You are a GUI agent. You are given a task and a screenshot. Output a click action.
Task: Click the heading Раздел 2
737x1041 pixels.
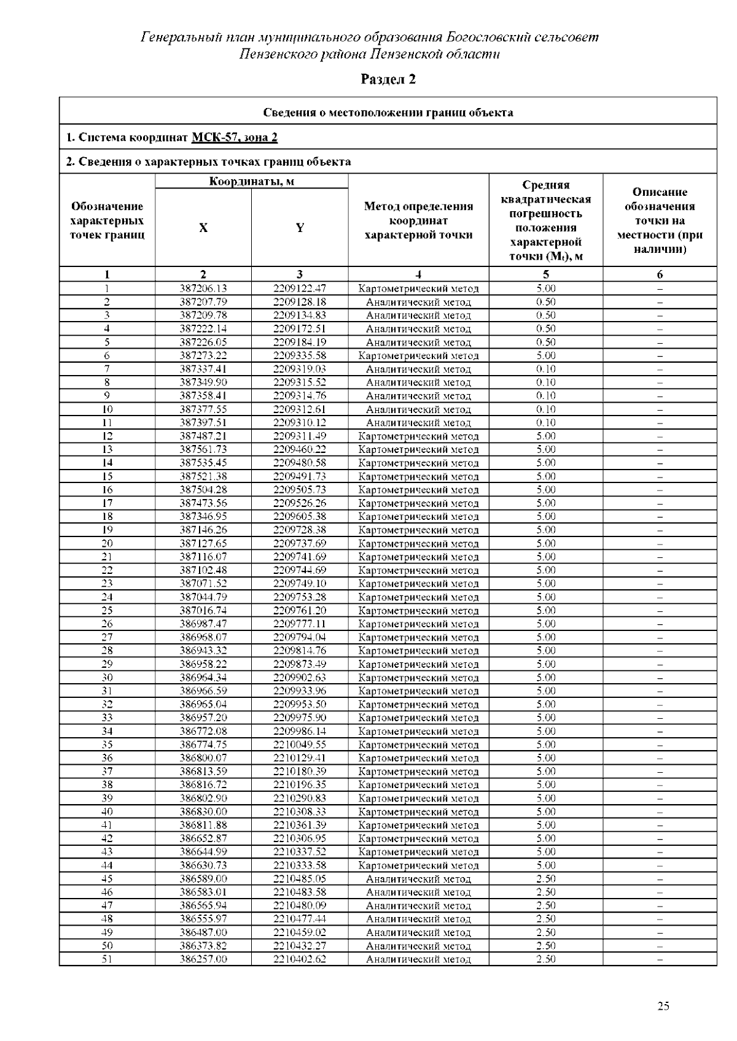click(388, 79)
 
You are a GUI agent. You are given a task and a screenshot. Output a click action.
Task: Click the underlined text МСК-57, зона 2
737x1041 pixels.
click(235, 137)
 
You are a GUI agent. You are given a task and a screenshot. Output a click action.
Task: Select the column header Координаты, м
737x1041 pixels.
click(251, 181)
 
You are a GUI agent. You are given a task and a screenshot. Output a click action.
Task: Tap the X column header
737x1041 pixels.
click(203, 228)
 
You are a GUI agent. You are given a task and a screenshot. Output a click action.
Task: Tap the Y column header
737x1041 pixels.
click(300, 228)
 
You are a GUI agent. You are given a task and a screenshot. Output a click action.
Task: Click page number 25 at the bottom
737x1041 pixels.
click(663, 1005)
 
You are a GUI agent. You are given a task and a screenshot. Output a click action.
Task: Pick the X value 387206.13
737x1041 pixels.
click(203, 288)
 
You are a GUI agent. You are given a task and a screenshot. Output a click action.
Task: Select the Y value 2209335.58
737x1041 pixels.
click(300, 355)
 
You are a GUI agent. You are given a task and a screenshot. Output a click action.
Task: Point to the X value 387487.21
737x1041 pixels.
click(203, 436)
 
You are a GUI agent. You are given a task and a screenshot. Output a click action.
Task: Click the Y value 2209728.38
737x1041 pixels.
click(300, 530)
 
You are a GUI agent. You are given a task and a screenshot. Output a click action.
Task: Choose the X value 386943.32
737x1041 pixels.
click(203, 651)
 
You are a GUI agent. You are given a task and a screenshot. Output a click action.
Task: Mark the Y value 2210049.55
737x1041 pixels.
click(300, 745)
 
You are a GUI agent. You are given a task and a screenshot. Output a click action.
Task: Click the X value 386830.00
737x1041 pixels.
click(203, 811)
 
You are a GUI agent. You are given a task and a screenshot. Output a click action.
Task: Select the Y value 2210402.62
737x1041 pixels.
click(300, 959)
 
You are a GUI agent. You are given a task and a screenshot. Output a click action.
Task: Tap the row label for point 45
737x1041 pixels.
click(107, 879)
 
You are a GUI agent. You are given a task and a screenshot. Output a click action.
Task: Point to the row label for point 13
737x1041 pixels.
click(107, 449)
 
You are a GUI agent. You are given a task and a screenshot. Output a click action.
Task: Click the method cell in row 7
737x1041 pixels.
click(418, 369)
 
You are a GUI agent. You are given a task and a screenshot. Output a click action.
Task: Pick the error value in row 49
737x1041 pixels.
click(546, 932)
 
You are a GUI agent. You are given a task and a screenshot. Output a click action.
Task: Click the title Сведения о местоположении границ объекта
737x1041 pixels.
click(388, 112)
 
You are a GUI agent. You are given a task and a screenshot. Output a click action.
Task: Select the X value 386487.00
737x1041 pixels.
click(203, 932)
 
